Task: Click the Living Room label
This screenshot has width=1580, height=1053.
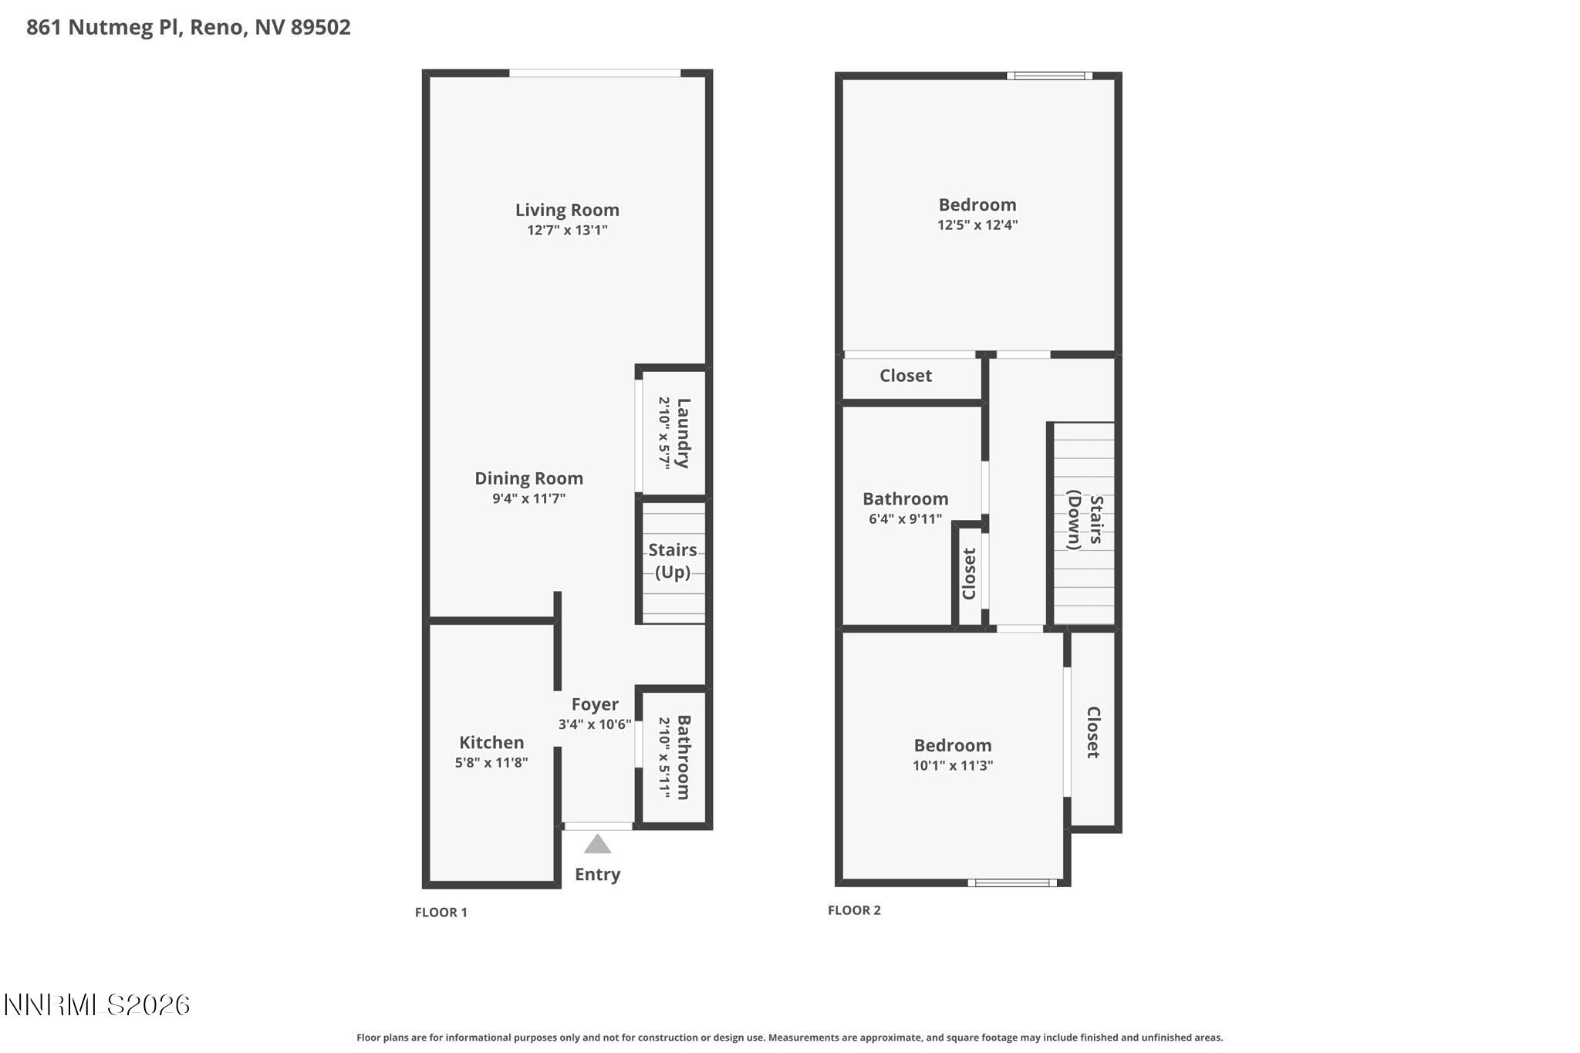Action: click(x=567, y=210)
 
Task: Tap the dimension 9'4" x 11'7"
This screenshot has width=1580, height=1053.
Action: click(x=528, y=498)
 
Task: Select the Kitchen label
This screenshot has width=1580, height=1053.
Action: click(x=491, y=742)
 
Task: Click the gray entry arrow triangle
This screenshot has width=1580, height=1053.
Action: click(x=597, y=845)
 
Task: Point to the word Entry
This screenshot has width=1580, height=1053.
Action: click(x=597, y=874)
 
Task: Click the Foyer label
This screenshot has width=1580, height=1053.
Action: click(x=594, y=704)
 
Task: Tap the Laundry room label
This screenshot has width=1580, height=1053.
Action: click(x=682, y=433)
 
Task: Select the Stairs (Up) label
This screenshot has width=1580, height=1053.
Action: click(x=672, y=561)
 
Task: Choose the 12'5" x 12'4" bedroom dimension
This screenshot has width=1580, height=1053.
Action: click(x=977, y=225)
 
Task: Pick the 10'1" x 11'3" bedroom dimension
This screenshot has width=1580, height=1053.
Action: click(x=952, y=765)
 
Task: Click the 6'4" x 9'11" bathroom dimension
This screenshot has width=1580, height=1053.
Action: click(x=905, y=519)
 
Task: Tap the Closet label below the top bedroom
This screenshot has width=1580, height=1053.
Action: click(x=906, y=376)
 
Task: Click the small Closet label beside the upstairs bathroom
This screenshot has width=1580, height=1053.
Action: click(x=969, y=573)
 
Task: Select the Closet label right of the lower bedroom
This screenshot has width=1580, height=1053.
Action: click(x=1092, y=732)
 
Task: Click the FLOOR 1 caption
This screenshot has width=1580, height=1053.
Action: click(x=441, y=912)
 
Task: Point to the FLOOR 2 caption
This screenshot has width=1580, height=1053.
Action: click(x=854, y=910)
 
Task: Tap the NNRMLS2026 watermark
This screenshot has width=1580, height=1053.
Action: click(x=97, y=1004)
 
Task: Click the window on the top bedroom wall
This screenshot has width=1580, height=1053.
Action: click(x=1049, y=76)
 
